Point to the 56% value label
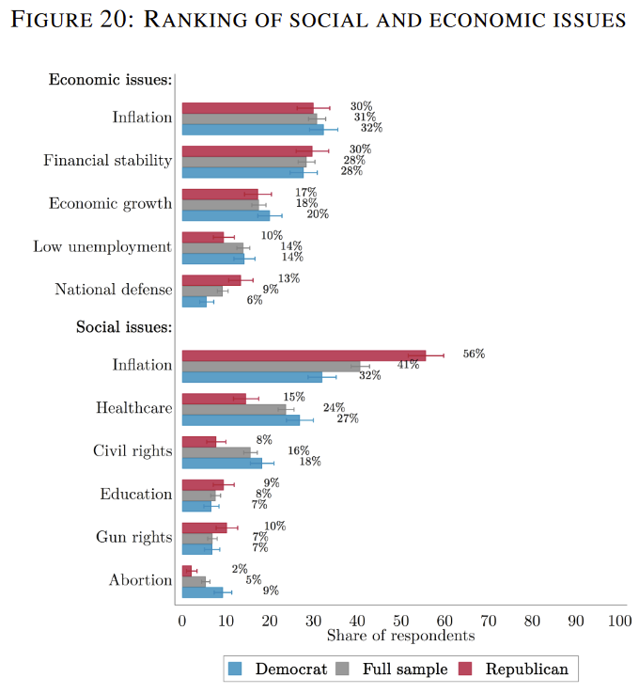point(474,354)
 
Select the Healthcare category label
point(134,408)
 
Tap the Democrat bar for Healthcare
point(241,419)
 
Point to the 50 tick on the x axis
point(401,621)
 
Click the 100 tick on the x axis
point(620,621)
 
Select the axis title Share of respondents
point(400,637)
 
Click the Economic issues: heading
point(110,80)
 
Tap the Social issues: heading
point(124,327)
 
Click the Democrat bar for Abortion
point(202,591)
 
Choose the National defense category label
point(114,290)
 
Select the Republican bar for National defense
point(210,279)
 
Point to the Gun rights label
point(134,537)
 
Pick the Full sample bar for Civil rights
point(216,452)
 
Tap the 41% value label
point(407,365)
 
